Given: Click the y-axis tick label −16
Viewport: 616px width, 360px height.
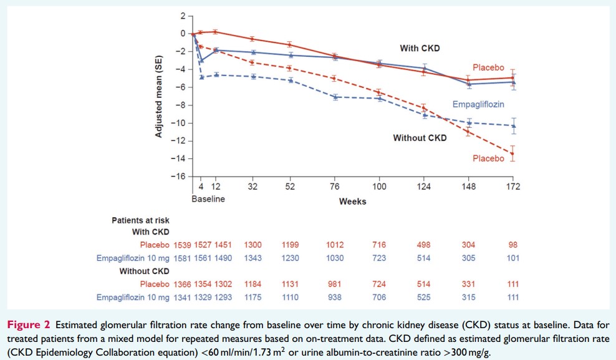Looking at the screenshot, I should (x=180, y=177).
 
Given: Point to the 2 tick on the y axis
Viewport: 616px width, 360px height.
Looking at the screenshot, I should (x=183, y=16).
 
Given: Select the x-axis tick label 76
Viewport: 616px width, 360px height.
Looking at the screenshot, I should (x=334, y=187).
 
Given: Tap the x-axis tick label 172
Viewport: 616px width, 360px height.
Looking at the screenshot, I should (x=513, y=187).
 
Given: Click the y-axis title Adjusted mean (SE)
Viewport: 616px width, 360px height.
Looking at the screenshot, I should (x=160, y=95).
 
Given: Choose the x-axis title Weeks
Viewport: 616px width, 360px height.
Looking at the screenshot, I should (x=352, y=202).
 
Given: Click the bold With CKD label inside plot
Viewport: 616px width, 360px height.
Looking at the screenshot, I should (x=421, y=47).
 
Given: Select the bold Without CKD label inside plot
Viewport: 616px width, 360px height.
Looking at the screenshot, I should (x=420, y=138).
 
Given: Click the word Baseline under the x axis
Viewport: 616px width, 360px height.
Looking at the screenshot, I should (x=208, y=199).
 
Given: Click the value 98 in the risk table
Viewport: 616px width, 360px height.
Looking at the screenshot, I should (x=513, y=245).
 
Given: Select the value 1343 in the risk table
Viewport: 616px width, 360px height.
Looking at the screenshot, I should (x=254, y=258).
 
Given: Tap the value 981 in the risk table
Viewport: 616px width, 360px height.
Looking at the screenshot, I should (x=334, y=285).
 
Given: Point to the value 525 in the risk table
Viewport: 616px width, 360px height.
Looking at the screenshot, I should (x=424, y=298).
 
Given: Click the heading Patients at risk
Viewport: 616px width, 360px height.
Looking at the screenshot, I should (x=140, y=220).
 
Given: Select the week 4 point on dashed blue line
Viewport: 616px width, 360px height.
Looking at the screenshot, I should (x=201, y=77).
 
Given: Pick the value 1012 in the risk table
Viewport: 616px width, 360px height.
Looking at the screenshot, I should (x=334, y=245).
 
